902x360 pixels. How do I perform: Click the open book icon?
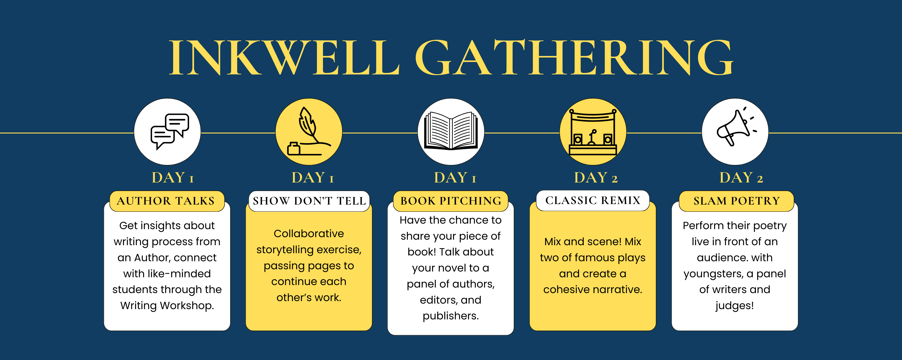pos(451,131)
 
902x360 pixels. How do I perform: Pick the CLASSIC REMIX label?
pos(593,200)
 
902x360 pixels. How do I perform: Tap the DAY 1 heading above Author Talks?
pos(173,177)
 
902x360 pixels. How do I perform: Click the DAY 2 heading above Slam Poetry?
pos(741,177)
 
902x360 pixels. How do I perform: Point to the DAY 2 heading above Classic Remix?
pos(596,177)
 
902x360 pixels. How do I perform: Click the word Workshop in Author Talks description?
pos(187,306)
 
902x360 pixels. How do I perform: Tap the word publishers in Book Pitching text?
pos(450,316)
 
